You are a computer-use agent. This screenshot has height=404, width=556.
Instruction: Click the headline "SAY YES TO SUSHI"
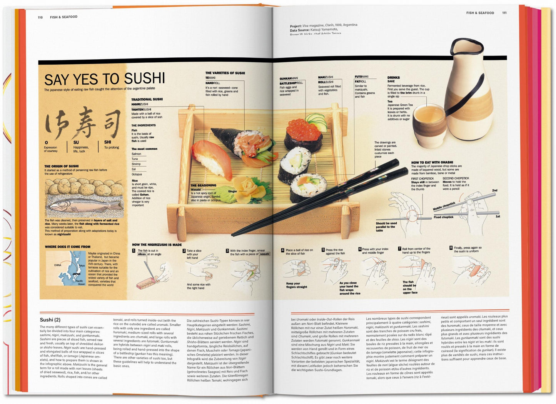[104, 79]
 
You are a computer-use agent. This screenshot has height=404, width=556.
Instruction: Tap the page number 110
[40, 17]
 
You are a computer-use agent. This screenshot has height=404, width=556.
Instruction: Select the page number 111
[504, 13]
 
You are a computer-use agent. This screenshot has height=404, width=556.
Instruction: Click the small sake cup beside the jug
[429, 119]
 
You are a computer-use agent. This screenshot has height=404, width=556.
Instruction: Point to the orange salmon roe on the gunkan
[303, 131]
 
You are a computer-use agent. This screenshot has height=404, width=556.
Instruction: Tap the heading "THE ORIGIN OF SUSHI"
[62, 166]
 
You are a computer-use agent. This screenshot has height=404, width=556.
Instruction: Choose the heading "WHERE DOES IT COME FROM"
[68, 247]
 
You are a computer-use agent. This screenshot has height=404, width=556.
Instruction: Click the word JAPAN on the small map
[77, 274]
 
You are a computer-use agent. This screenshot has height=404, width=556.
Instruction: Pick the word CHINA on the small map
[58, 265]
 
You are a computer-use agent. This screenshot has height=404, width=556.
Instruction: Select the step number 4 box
[282, 250]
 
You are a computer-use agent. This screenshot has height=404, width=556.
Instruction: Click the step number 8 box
[451, 248]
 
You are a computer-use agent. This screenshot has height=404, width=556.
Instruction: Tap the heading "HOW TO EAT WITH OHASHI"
[432, 162]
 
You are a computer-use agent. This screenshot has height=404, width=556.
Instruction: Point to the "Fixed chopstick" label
[443, 217]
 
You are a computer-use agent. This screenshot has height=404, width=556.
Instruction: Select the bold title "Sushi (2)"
[50, 320]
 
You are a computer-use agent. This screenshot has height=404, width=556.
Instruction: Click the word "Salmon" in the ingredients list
[136, 154]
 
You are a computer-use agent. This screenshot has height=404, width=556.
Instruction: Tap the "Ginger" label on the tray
[232, 191]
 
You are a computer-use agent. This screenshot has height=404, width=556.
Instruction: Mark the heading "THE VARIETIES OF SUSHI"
[225, 73]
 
